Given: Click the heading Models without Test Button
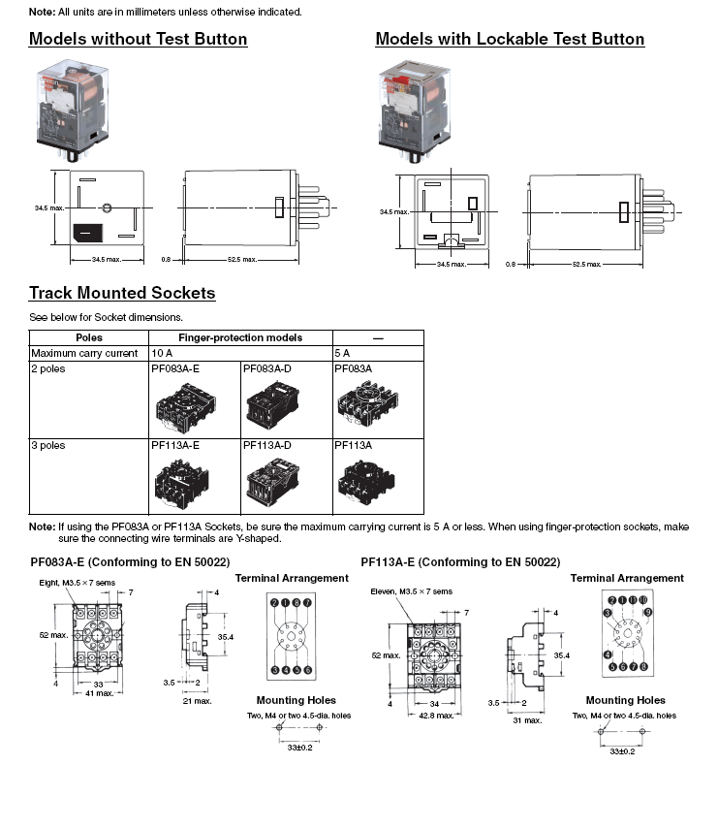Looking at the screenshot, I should (x=138, y=40).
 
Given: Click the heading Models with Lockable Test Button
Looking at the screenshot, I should (x=510, y=40).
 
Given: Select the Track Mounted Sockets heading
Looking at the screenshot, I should (x=122, y=293).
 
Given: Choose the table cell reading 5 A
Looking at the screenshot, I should (x=342, y=353).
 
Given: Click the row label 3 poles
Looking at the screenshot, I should (x=48, y=445).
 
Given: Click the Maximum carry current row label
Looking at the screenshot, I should (x=84, y=353).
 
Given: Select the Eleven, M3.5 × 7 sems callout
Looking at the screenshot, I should (x=411, y=591).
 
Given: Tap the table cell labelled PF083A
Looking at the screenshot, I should (x=353, y=368).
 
